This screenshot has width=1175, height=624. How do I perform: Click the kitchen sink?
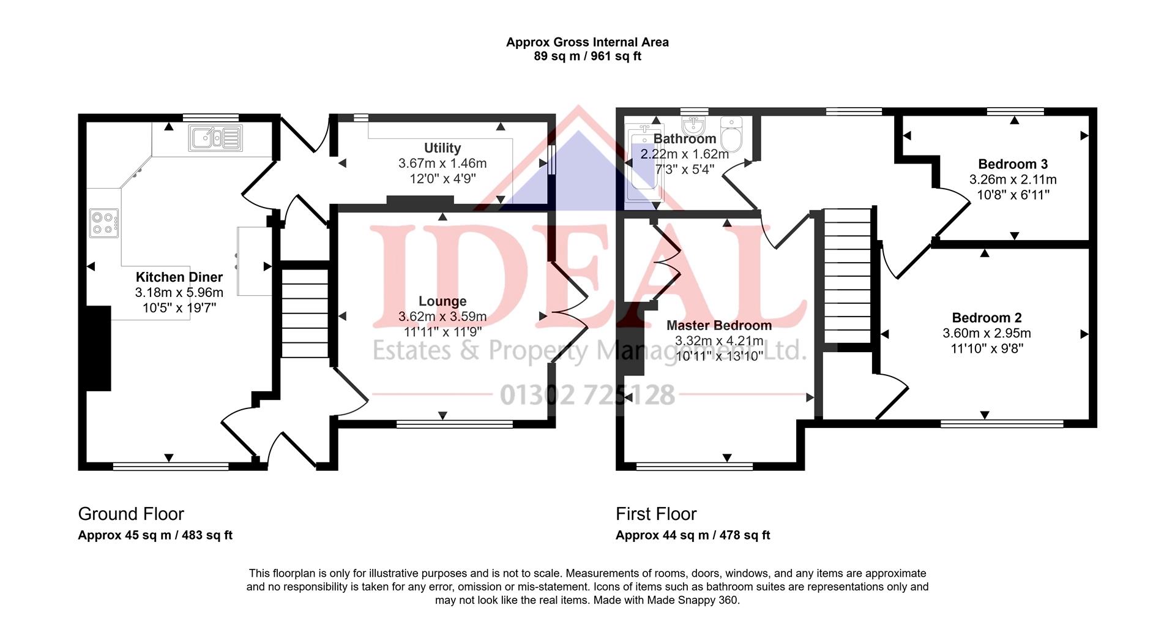[216, 138]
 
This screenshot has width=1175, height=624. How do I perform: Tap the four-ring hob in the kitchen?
[105, 223]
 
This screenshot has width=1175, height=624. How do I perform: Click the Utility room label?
[442, 148]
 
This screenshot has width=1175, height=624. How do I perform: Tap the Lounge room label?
[442, 301]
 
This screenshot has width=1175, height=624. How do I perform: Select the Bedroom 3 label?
[1013, 164]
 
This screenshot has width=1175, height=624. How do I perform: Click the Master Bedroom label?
[719, 325]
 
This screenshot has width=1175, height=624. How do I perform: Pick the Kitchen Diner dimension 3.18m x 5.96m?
[179, 293]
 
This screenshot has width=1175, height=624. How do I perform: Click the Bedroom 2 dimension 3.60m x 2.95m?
[987, 334]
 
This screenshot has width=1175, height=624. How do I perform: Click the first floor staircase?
[848, 276]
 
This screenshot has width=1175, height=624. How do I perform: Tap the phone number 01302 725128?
[587, 395]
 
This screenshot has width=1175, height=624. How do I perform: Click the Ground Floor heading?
[131, 514]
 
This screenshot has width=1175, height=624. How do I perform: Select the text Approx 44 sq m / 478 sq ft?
[693, 535]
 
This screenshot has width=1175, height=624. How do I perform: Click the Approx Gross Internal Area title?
[587, 42]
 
